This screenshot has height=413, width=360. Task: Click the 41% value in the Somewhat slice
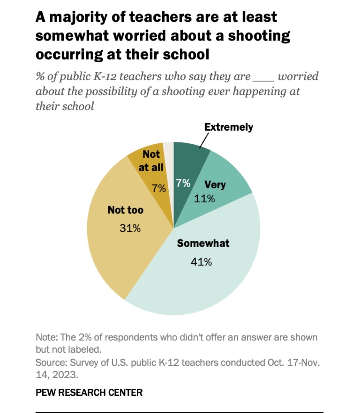pyautogui.click(x=201, y=262)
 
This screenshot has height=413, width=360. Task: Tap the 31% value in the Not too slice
pyautogui.click(x=130, y=228)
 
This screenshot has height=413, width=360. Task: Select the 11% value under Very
pyautogui.click(x=204, y=199)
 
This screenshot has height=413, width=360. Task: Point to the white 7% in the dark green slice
pyautogui.click(x=183, y=183)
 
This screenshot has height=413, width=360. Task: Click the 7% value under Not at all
pyautogui.click(x=159, y=188)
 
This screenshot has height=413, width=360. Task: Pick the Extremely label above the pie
pyautogui.click(x=228, y=127)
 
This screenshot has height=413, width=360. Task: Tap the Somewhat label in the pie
pyautogui.click(x=203, y=243)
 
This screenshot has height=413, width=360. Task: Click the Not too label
pyautogui.click(x=125, y=210)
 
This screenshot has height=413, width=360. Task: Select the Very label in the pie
pyautogui.click(x=215, y=185)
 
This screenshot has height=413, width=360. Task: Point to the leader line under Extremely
pyautogui.click(x=204, y=140)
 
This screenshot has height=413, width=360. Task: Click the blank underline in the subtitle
pyautogui.click(x=263, y=80)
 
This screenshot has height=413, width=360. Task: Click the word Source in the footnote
pyautogui.click(x=50, y=362)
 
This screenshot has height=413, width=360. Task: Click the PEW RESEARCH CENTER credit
pyautogui.click(x=89, y=392)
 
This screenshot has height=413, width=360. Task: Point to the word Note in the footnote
pyautogui.click(x=46, y=337)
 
